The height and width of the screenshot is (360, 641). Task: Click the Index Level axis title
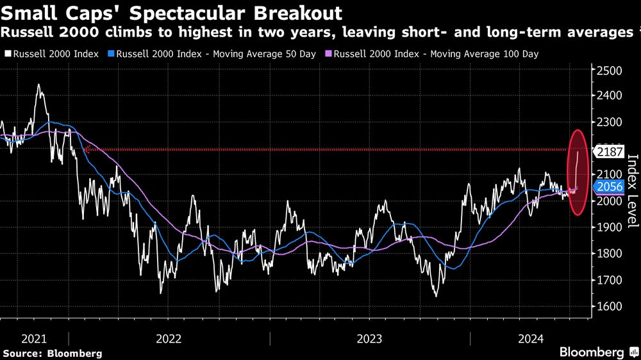(x=632, y=192)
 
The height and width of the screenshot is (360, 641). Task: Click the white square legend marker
(x=6, y=54)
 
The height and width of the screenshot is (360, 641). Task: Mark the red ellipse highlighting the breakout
(x=578, y=172)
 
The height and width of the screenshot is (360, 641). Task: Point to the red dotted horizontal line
(x=320, y=150)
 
